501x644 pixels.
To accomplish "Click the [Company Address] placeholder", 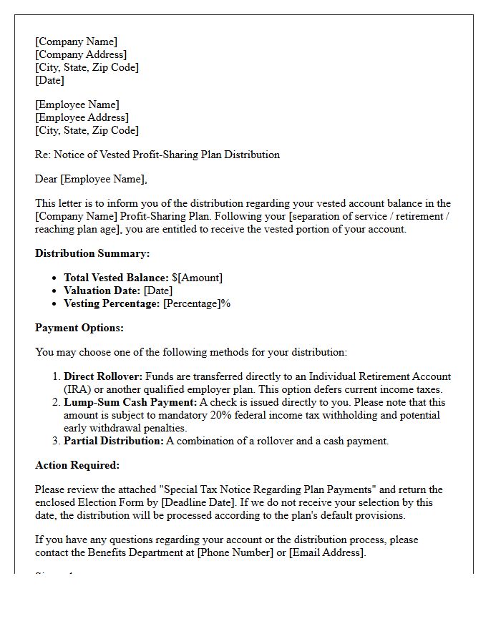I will pos(81,54).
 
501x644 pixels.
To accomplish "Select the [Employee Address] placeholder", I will pos(82,117).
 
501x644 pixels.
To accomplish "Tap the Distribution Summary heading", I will pos(92,253).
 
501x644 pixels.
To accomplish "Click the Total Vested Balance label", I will pos(116,278).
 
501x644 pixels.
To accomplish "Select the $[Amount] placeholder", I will pos(198,278).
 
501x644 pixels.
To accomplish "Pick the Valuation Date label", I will pos(102,291).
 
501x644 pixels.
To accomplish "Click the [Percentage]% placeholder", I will pos(197,303).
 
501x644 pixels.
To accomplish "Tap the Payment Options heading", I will pos(79,328).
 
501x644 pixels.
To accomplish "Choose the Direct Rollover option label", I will pos(103,376).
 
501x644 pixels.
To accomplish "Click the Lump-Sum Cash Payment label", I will pos(130,402).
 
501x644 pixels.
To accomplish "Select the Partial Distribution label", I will pos(113,441).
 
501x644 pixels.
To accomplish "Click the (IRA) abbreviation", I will pos(77,389).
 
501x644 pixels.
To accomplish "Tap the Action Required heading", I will pos(77,465).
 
